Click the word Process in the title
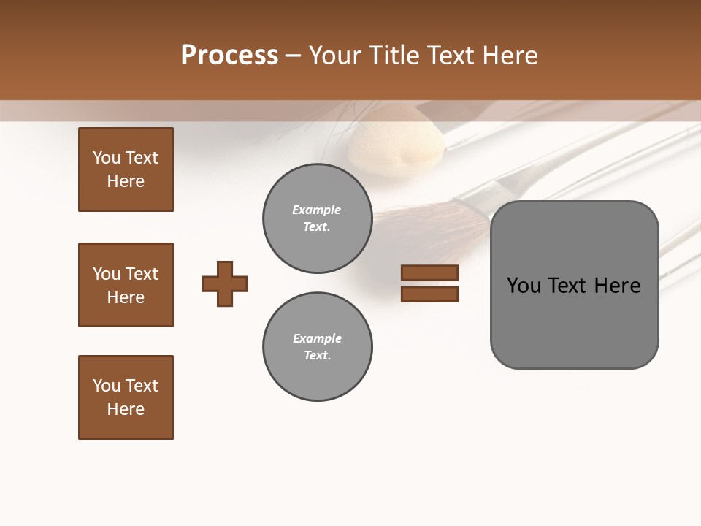[x=229, y=56]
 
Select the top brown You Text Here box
[x=126, y=169]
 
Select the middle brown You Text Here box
[x=126, y=285]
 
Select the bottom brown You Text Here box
[x=126, y=397]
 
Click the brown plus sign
[x=225, y=283]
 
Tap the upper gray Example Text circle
[x=317, y=218]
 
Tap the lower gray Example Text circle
[x=317, y=347]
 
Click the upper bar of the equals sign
[x=430, y=272]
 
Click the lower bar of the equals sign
[x=430, y=294]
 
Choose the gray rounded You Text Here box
[x=574, y=285]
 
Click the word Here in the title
[x=510, y=56]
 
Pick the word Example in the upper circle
[x=317, y=210]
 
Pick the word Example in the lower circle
[x=317, y=338]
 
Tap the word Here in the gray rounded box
[x=617, y=285]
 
